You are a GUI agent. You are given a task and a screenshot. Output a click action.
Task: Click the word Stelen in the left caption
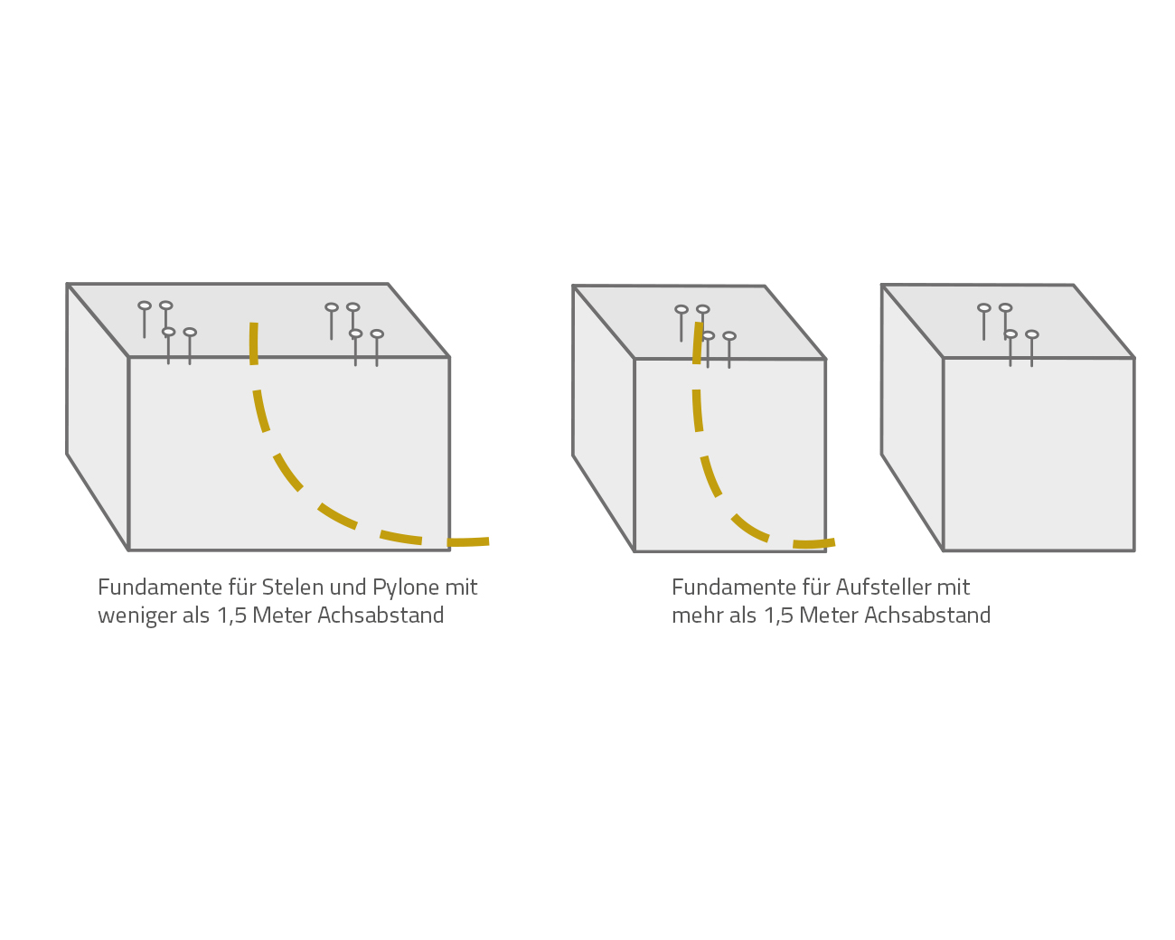pyautogui.click(x=292, y=587)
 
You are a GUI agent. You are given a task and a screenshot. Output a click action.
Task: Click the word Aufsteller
pyautogui.click(x=883, y=587)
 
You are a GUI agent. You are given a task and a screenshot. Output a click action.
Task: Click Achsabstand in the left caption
pyautogui.click(x=381, y=616)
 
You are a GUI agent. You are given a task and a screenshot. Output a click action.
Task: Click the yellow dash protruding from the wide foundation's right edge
pyautogui.click(x=468, y=541)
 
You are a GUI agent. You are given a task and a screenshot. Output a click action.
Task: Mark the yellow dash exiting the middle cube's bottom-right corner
pyautogui.click(x=813, y=543)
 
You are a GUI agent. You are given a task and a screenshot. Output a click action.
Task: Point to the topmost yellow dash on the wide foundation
pyautogui.click(x=254, y=343)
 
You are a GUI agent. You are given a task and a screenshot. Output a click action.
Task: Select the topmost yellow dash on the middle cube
pyautogui.click(x=698, y=343)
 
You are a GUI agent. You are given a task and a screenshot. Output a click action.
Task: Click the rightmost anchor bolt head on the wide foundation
pyautogui.click(x=377, y=334)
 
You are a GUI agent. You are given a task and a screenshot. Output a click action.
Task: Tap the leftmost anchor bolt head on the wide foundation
pyautogui.click(x=145, y=305)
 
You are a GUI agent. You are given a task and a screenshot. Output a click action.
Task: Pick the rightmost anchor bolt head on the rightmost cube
pyautogui.click(x=1032, y=334)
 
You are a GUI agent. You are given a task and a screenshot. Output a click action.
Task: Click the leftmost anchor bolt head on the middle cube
pyautogui.click(x=681, y=309)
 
